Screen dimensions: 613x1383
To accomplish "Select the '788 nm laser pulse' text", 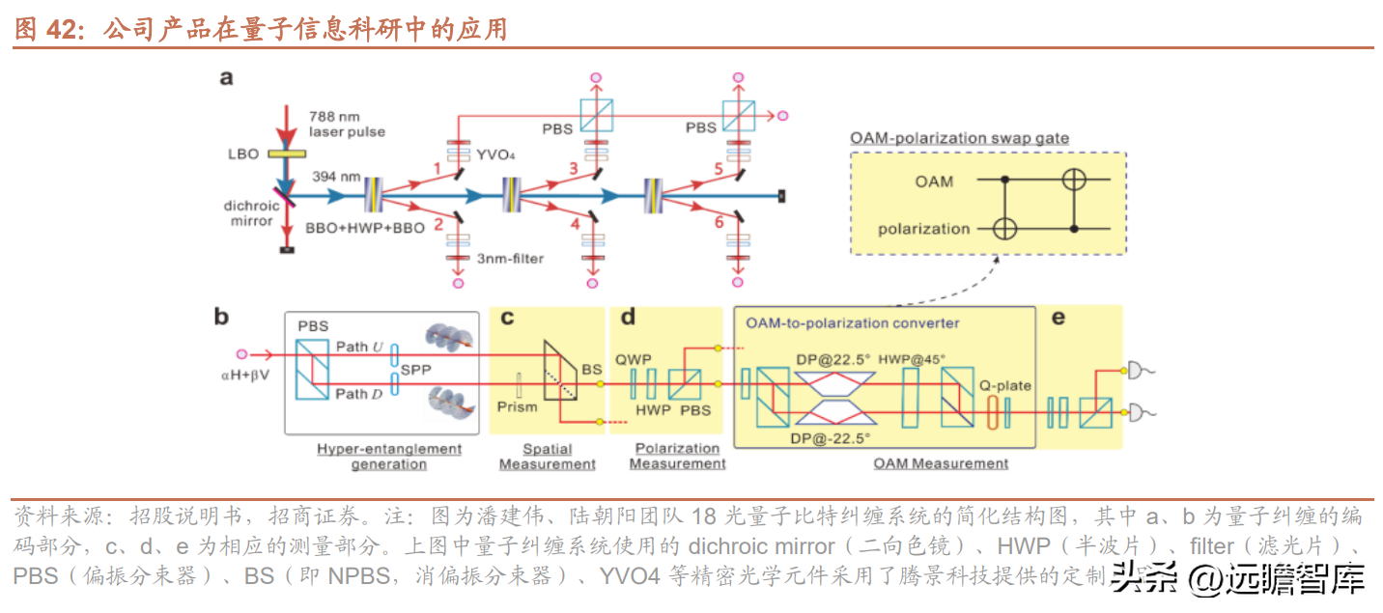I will [x=347, y=124].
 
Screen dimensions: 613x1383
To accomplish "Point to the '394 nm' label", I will [x=335, y=178].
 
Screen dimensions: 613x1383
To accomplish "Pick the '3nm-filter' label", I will [x=509, y=258].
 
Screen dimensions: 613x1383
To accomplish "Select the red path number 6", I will [x=719, y=223].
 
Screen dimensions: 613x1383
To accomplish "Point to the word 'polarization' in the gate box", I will [x=923, y=229].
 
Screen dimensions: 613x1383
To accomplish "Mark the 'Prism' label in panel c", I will [x=517, y=407].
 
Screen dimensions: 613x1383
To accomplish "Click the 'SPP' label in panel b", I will [x=416, y=371].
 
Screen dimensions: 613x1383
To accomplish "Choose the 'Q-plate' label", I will [x=1005, y=385].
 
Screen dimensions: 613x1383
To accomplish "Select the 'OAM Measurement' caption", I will [x=941, y=463].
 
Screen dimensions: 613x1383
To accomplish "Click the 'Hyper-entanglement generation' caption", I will [x=389, y=457].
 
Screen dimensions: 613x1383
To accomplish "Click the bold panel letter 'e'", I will [x=1058, y=318].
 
